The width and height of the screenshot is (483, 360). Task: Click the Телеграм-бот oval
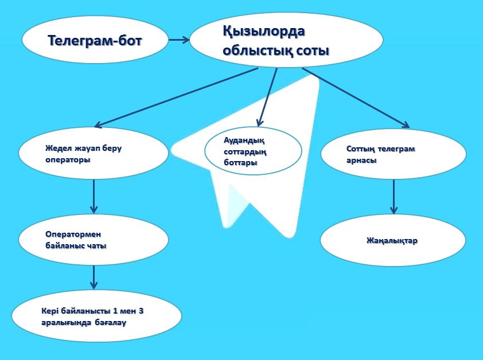pyautogui.click(x=95, y=40)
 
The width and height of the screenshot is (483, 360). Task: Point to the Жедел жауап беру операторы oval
pyautogui.click(x=94, y=152)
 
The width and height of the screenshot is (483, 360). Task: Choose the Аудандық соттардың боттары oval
pyautogui.click(x=253, y=151)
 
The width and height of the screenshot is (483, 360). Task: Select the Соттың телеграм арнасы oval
pyautogui.click(x=394, y=154)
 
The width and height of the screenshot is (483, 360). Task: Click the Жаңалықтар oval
pyautogui.click(x=393, y=240)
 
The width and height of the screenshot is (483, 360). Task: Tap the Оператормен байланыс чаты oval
pyautogui.click(x=94, y=239)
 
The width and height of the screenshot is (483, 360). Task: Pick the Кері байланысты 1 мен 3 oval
pyautogui.click(x=97, y=316)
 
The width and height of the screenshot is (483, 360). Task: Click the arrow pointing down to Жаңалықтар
pyautogui.click(x=394, y=197)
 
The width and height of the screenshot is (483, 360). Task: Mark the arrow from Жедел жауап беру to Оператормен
pyautogui.click(x=94, y=196)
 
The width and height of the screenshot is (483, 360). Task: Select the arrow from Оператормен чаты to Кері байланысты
pyautogui.click(x=94, y=277)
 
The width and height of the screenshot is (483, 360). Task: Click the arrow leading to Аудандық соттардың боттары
pyautogui.click(x=267, y=97)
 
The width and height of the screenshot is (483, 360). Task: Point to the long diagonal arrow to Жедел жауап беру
pyautogui.click(x=176, y=97)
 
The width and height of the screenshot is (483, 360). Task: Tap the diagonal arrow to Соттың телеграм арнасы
pyautogui.click(x=356, y=97)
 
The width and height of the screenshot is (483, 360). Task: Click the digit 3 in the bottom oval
pyautogui.click(x=141, y=311)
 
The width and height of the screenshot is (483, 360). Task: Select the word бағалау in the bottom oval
pyautogui.click(x=111, y=323)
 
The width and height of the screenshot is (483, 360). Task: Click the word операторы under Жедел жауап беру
pyautogui.click(x=68, y=160)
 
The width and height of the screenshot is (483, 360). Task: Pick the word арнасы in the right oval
pyautogui.click(x=361, y=161)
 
